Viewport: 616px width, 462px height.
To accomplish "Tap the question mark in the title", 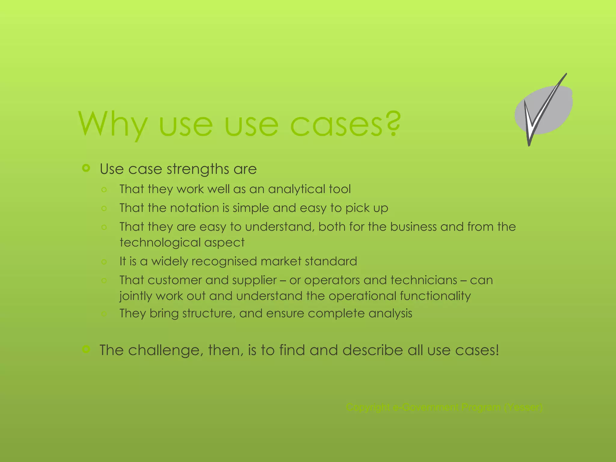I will [x=393, y=123].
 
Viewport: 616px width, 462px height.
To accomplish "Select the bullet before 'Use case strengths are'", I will [x=86, y=168].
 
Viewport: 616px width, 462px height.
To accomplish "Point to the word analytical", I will [x=296, y=189].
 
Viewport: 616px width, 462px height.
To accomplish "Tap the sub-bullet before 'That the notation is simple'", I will [x=104, y=208].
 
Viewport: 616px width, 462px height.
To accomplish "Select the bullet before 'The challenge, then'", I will [x=86, y=349].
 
